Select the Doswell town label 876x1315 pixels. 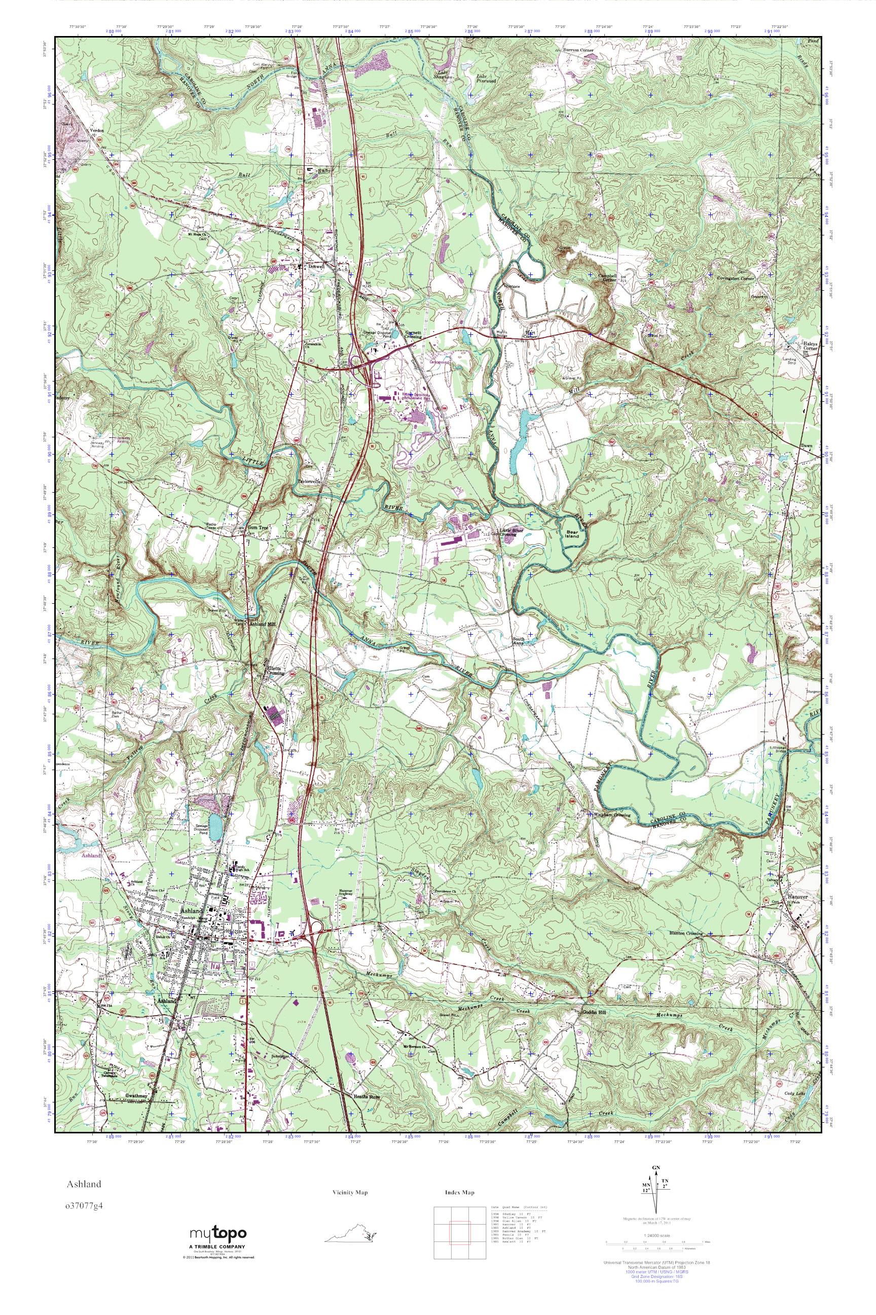316,266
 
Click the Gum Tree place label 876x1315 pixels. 259,527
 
